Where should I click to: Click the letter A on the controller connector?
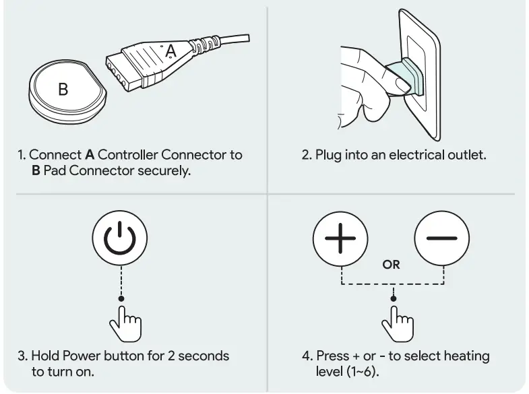click(170, 50)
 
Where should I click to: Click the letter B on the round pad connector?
click(63, 89)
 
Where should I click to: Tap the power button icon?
click(120, 241)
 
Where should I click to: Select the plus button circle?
click(341, 240)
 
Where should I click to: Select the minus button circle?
click(441, 240)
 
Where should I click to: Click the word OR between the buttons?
click(391, 265)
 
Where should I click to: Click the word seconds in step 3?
click(205, 356)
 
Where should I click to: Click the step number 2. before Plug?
click(307, 155)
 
